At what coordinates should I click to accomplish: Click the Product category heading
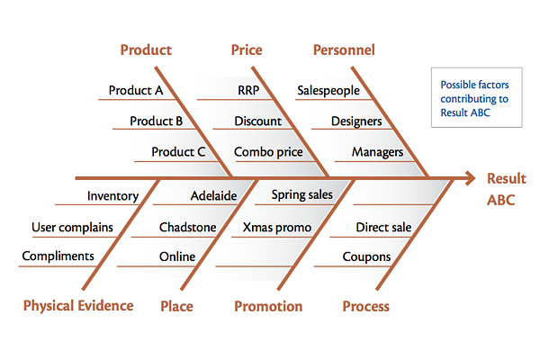pyautogui.click(x=146, y=50)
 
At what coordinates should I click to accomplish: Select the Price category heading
pyautogui.click(x=247, y=50)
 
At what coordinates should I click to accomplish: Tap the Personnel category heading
pyautogui.click(x=344, y=50)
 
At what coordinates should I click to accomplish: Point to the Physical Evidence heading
pyautogui.click(x=78, y=306)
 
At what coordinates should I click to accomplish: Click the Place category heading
pyautogui.click(x=176, y=306)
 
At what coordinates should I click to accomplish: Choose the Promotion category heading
pyautogui.click(x=268, y=306)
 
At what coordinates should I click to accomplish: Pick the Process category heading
pyautogui.click(x=365, y=306)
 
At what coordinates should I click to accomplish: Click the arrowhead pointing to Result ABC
pyautogui.click(x=471, y=178)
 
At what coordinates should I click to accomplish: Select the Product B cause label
pyautogui.click(x=156, y=121)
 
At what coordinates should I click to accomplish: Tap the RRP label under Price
pyautogui.click(x=248, y=90)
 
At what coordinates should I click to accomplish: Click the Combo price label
pyautogui.click(x=268, y=152)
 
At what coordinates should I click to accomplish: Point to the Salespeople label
pyautogui.click(x=328, y=90)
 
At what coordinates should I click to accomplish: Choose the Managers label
pyautogui.click(x=377, y=152)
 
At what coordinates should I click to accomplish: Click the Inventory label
pyautogui.click(x=113, y=196)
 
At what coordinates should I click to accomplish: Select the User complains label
pyautogui.click(x=72, y=228)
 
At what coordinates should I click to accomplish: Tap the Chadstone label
pyautogui.click(x=188, y=228)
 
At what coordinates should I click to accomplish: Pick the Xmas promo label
pyautogui.click(x=277, y=228)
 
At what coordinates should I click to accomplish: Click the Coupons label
pyautogui.click(x=366, y=257)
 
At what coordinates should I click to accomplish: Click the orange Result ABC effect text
pyautogui.click(x=507, y=189)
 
